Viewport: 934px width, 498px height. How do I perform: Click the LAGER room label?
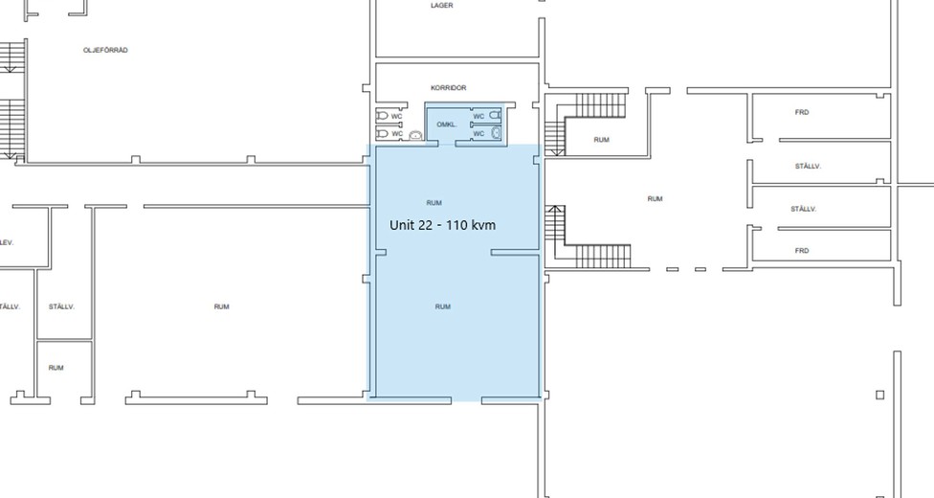coord(442,6)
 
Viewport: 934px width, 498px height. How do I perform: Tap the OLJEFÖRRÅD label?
coord(105,50)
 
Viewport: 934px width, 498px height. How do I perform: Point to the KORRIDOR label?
coord(449,88)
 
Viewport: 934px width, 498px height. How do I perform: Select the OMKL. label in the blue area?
coord(447,124)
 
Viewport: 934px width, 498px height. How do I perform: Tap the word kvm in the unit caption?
coord(483,225)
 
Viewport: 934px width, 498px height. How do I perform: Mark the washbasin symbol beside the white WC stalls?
coord(415,135)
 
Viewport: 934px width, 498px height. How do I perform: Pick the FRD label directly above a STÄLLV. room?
coord(802,112)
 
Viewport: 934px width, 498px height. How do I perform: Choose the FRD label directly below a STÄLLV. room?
coord(802,251)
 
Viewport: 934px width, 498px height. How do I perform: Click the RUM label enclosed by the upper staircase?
coord(602,140)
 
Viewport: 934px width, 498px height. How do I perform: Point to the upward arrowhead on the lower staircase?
coord(555,209)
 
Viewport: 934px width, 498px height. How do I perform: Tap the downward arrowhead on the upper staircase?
coord(555,152)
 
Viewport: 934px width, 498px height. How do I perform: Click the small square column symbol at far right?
coord(879,395)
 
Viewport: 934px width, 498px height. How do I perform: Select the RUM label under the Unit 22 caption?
coord(442,306)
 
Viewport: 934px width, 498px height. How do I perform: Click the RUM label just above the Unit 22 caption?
coord(434,203)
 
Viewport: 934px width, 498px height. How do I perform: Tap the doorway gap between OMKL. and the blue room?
coord(447,144)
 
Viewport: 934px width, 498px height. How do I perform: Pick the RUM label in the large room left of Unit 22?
coord(222,306)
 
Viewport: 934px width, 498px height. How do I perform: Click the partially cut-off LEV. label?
coord(7,242)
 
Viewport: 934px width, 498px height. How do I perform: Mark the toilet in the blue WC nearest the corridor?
coord(495,115)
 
